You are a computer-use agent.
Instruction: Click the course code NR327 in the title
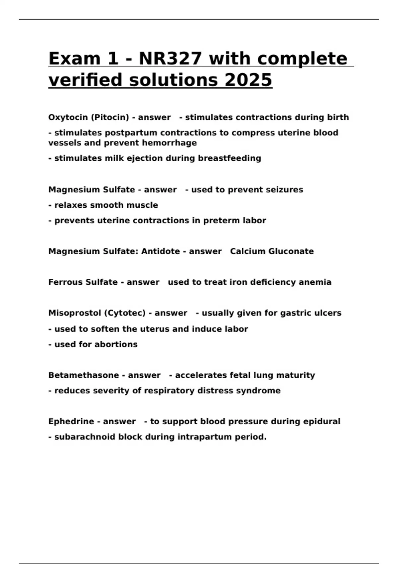pyautogui.click(x=170, y=59)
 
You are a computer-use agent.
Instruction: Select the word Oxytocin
pyautogui.click(x=68, y=117)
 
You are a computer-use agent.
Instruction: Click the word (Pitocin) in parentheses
pyautogui.click(x=110, y=117)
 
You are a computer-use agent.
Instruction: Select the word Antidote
pyautogui.click(x=161, y=251)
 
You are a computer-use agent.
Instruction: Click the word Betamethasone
pyautogui.click(x=84, y=375)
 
